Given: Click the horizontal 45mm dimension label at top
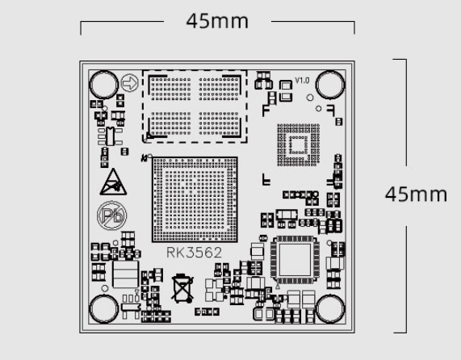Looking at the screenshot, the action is pyautogui.click(x=217, y=21).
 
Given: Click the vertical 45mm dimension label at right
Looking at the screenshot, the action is pyautogui.click(x=416, y=195).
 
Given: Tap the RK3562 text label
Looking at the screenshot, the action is pyautogui.click(x=194, y=253).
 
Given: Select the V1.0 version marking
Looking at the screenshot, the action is pyautogui.click(x=302, y=80).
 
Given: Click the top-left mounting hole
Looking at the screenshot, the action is pyautogui.click(x=103, y=85).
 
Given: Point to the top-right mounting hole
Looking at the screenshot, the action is pyautogui.click(x=330, y=85).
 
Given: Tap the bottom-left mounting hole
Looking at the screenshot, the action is pyautogui.click(x=103, y=309).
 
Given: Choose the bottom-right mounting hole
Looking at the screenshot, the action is pyautogui.click(x=330, y=309).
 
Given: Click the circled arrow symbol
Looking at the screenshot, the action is pyautogui.click(x=130, y=83).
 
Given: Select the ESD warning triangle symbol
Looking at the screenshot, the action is pyautogui.click(x=113, y=182).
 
